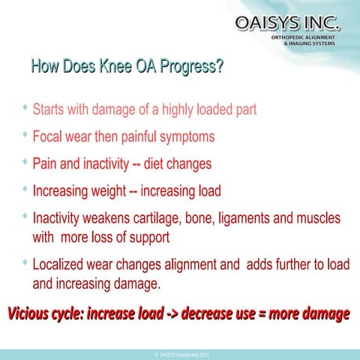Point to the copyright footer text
tap(180, 354)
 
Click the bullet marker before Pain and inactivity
tap(25, 160)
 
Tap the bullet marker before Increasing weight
tap(25, 187)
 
